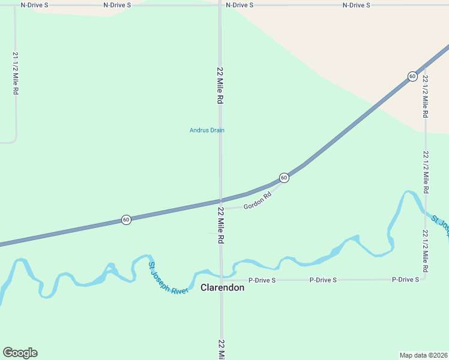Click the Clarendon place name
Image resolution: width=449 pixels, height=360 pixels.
222,288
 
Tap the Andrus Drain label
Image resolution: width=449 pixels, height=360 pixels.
207,130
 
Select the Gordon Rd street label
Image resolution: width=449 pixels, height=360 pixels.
258,202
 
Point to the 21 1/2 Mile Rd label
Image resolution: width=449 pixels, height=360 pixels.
16,73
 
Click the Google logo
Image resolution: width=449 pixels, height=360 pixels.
20,353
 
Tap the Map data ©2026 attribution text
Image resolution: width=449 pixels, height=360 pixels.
423,355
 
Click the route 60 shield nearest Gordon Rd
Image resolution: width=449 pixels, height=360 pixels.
284,178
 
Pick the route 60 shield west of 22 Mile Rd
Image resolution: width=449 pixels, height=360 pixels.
126,220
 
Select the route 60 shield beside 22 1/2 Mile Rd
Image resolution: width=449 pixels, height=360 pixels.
412,76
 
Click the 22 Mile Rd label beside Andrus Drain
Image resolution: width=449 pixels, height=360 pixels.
220,86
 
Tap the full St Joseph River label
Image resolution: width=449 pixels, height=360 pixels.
169,278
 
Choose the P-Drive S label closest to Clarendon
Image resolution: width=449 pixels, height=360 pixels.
262,280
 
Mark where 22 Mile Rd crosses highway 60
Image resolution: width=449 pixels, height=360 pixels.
220,200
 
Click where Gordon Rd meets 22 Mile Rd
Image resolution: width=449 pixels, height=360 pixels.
221,209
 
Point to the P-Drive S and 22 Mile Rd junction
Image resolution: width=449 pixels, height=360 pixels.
221,280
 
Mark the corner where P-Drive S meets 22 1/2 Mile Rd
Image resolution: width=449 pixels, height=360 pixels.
425,279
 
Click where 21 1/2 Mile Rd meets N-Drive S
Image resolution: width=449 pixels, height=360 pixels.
16,5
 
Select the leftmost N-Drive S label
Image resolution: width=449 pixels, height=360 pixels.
34,5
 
